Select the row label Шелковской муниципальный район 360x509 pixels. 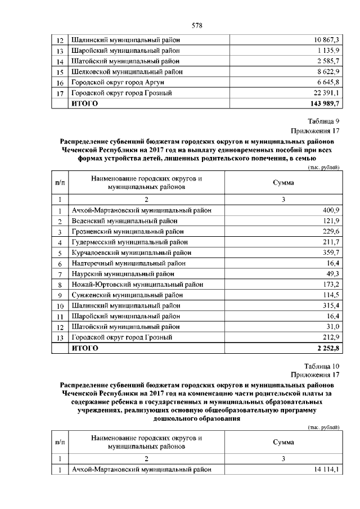[127, 72]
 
